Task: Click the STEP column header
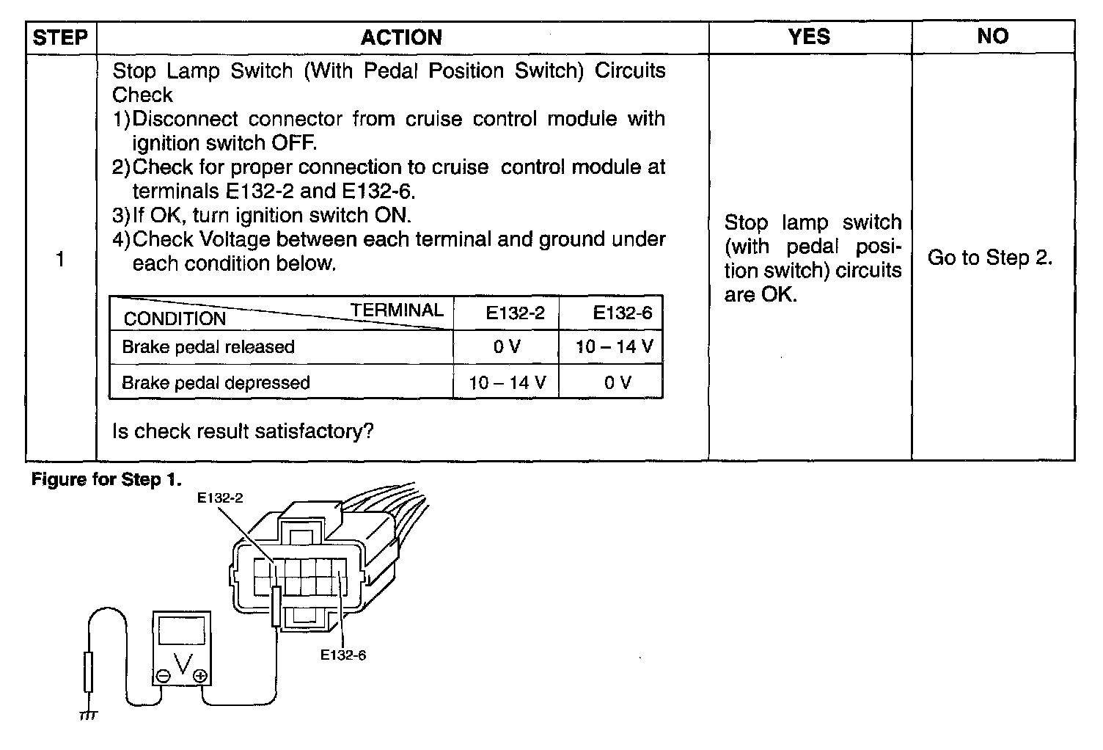[x=61, y=37]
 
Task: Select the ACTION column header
[x=401, y=37]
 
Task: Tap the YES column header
[x=809, y=37]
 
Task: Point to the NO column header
[x=992, y=37]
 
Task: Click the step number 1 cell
[x=60, y=259]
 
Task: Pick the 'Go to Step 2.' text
[x=990, y=258]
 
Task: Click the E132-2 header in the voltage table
[x=515, y=313]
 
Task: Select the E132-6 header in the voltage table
[x=622, y=313]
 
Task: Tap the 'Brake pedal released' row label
[x=208, y=346]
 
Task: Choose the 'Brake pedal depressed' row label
[x=216, y=382]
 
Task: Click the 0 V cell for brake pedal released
[x=507, y=346]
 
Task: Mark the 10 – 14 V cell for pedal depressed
[x=507, y=382]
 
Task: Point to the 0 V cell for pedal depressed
[x=618, y=382]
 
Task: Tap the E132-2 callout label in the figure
[x=220, y=498]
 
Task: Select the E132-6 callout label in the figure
[x=343, y=655]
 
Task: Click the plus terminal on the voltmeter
[x=199, y=676]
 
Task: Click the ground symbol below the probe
[x=88, y=714]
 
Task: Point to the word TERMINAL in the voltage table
[x=396, y=310]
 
